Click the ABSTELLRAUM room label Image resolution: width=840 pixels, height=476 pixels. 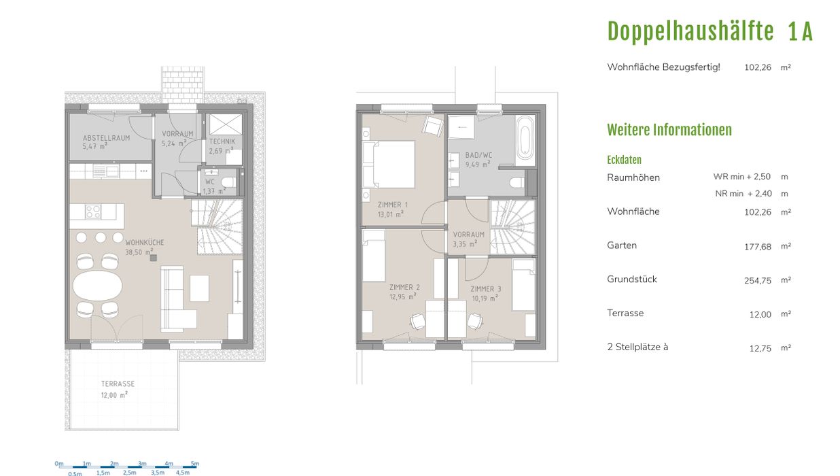pyautogui.click(x=106, y=137)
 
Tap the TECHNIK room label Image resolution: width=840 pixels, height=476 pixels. pyautogui.click(x=222, y=141)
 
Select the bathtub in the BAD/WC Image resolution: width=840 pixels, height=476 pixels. pyautogui.click(x=525, y=140)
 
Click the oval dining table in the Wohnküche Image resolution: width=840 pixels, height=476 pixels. pyautogui.click(x=97, y=286)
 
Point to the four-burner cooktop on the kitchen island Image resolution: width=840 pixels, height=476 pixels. pyautogui.click(x=93, y=211)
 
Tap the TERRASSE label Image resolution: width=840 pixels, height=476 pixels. pyautogui.click(x=118, y=384)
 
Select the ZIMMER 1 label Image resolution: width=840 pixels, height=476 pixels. pyautogui.click(x=393, y=205)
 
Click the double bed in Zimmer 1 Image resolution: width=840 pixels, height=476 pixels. pyautogui.click(x=390, y=165)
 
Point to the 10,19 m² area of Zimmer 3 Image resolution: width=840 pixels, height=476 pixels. pyautogui.click(x=485, y=299)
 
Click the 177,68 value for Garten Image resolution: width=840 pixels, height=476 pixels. pyautogui.click(x=758, y=246)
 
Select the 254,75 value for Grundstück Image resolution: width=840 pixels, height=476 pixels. pyautogui.click(x=758, y=281)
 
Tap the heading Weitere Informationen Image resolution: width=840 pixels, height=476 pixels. pyautogui.click(x=669, y=130)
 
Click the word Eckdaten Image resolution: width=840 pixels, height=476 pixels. pyautogui.click(x=624, y=160)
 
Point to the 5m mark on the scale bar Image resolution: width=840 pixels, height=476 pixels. pyautogui.click(x=195, y=464)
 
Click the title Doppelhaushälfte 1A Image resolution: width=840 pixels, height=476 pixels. pyautogui.click(x=710, y=31)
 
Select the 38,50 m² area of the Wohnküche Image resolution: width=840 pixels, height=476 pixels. pyautogui.click(x=139, y=252)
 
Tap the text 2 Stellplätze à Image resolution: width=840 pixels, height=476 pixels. pyautogui.click(x=637, y=347)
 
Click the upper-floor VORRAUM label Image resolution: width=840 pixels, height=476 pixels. pyautogui.click(x=469, y=235)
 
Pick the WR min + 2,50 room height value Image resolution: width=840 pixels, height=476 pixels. pyautogui.click(x=741, y=176)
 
